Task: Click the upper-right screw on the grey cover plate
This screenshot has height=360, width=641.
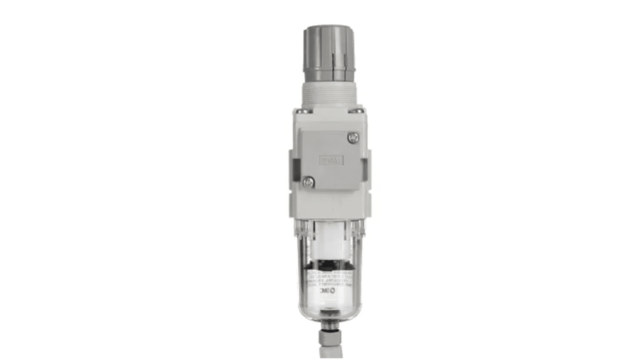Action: pyautogui.click(x=353, y=137)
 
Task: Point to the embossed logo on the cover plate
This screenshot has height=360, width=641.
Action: pyautogui.click(x=331, y=160)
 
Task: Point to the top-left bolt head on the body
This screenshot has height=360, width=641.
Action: pyautogui.click(x=303, y=110)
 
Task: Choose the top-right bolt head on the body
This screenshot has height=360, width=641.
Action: pyautogui.click(x=357, y=110)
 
